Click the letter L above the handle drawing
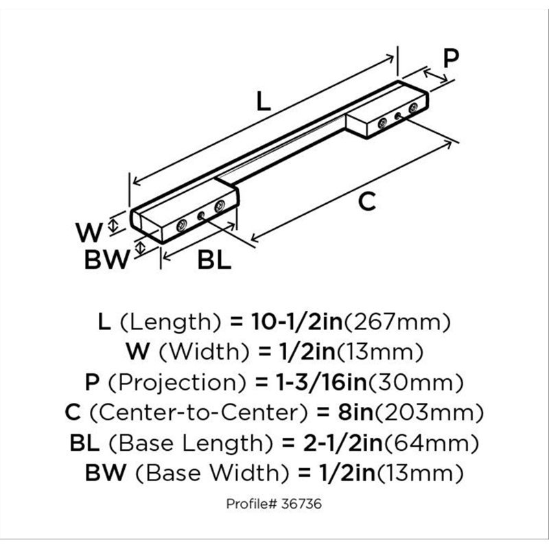(264, 101)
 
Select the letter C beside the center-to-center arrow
(367, 202)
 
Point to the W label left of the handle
(89, 232)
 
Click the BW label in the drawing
(107, 259)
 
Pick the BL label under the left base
(214, 259)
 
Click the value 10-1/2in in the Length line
(297, 322)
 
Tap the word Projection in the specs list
(177, 383)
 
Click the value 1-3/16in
(321, 382)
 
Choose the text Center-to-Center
(198, 412)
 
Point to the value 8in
(355, 412)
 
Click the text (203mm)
(430, 413)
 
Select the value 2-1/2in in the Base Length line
(343, 443)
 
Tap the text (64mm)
(432, 443)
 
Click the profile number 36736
(301, 504)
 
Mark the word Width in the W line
(205, 352)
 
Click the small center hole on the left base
(201, 215)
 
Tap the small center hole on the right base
(398, 115)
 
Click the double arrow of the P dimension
(435, 76)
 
